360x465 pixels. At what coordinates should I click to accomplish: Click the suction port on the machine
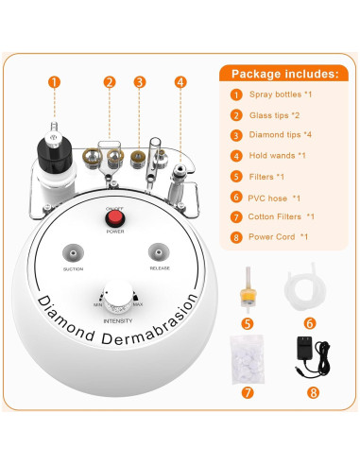click(x=71, y=253)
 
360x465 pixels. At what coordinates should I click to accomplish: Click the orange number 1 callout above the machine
click(x=54, y=82)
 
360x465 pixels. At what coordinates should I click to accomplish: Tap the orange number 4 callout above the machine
click(x=180, y=82)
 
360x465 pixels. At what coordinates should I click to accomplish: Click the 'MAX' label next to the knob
click(x=138, y=306)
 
